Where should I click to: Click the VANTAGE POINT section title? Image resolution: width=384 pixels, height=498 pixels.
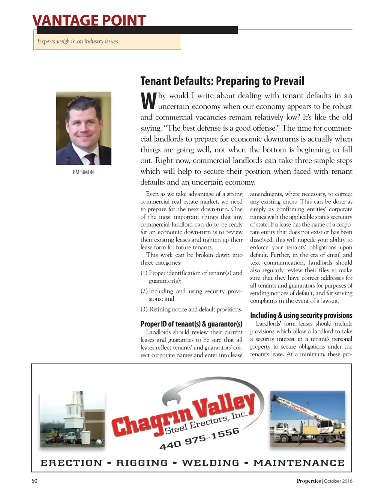(x=89, y=20)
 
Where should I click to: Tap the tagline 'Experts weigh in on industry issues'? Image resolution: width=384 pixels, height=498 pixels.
(x=78, y=42)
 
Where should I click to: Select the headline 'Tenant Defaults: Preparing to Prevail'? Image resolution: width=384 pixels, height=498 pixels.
(x=222, y=81)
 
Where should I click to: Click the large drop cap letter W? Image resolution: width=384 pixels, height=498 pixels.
(x=148, y=101)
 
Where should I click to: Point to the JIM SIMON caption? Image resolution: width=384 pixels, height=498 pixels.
(x=83, y=172)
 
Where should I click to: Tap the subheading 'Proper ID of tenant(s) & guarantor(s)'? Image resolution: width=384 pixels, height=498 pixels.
(x=191, y=324)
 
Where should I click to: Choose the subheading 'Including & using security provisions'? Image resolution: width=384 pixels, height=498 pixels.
(x=301, y=315)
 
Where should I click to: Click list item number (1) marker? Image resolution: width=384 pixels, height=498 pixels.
(x=144, y=273)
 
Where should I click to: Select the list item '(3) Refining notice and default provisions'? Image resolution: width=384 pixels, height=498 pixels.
(x=191, y=309)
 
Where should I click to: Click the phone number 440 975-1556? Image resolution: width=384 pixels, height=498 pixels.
(x=199, y=439)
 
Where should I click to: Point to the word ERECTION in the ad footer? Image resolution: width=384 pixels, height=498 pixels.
(x=71, y=463)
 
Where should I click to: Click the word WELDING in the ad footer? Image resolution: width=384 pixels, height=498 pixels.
(x=210, y=463)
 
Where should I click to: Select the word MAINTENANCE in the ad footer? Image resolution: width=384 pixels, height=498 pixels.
(x=299, y=463)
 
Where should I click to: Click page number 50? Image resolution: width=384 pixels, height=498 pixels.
(x=34, y=481)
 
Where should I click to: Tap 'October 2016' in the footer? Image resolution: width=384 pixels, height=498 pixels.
(x=338, y=481)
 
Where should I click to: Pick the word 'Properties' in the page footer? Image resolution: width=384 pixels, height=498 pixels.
(x=309, y=481)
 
